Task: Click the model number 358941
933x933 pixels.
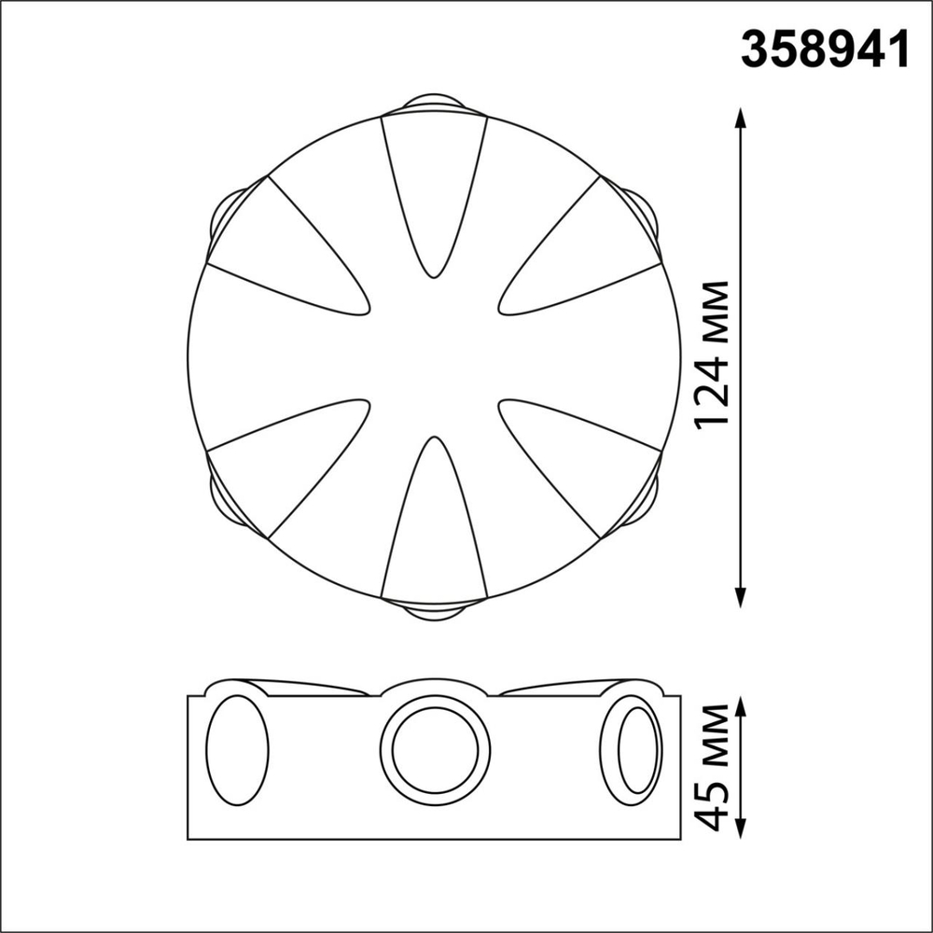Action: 825,49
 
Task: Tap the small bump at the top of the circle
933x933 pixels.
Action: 434,103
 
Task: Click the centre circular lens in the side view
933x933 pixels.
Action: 435,750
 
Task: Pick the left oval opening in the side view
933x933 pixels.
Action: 237,750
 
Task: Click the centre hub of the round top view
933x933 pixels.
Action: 434,356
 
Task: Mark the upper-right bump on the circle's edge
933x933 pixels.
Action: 644,213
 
